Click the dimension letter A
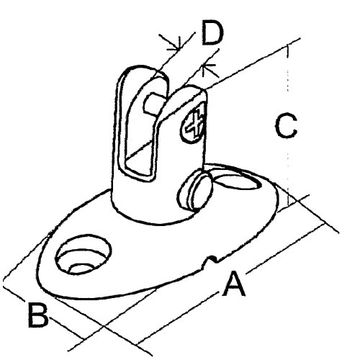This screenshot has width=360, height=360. point(234,284)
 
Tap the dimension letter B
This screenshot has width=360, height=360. point(38,315)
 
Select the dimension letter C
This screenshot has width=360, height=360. point(286,125)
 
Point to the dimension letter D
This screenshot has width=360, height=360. point(212,32)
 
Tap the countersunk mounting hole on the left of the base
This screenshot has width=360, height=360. point(84,254)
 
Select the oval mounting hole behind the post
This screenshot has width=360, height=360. point(236,181)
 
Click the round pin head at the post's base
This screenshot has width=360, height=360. point(195,192)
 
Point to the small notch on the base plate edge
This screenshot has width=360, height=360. point(211,261)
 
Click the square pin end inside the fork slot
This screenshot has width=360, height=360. point(153,104)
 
